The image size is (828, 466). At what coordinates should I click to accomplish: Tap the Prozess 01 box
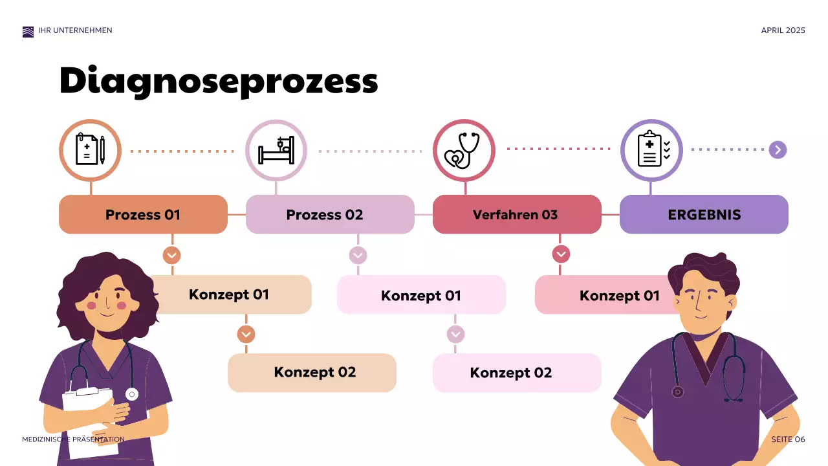point(143,214)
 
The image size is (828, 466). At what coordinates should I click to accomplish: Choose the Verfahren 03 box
point(516,214)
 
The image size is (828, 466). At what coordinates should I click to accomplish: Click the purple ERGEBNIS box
point(704,214)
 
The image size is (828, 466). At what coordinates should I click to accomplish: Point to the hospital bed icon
point(276,151)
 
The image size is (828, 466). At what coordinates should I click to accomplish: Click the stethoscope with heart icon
point(463,151)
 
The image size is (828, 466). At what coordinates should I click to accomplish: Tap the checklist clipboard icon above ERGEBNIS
point(651,150)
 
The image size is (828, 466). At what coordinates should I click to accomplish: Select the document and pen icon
point(90,150)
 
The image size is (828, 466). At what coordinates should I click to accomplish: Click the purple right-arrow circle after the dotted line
point(778,150)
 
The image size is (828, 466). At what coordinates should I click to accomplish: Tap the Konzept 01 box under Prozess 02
point(421,295)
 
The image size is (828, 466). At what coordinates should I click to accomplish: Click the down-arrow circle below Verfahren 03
point(561,254)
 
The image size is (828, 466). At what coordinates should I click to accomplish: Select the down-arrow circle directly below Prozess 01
point(171,255)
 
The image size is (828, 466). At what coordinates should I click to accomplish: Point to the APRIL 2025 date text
point(783,30)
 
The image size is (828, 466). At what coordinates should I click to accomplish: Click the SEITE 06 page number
point(788,439)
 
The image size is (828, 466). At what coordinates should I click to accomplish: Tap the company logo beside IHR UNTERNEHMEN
point(28,32)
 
